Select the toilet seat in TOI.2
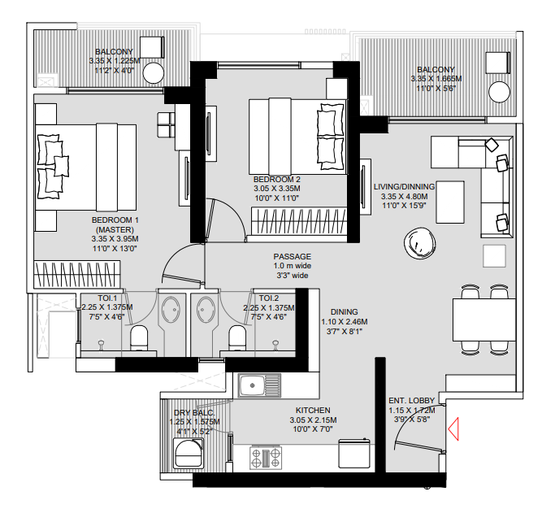237,336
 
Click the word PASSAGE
292,256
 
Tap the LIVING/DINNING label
404,187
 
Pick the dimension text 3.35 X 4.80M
404,197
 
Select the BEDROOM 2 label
277,180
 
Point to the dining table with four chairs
484,317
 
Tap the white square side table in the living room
496,255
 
